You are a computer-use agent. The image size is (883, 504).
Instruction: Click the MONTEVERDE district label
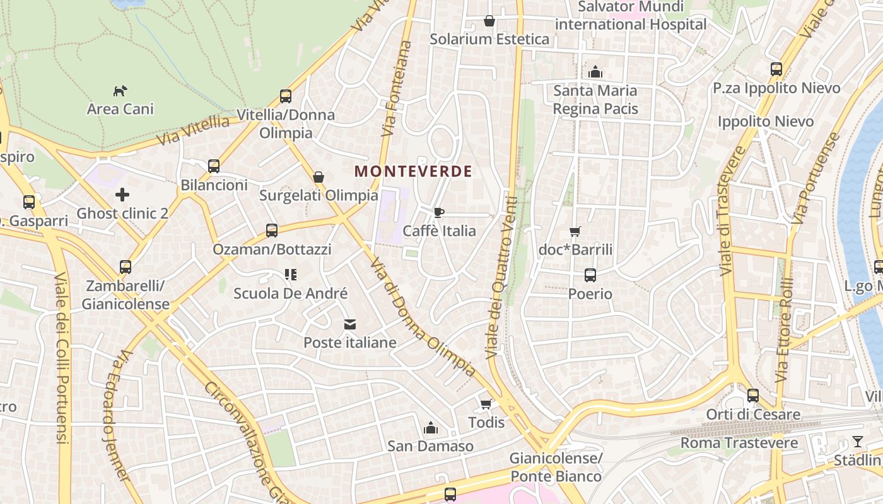[x=413, y=171]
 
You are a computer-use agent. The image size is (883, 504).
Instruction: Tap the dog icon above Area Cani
[x=120, y=91]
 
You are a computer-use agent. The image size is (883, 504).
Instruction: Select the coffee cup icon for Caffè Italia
[x=439, y=212]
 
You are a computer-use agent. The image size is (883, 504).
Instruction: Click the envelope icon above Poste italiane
[x=349, y=324]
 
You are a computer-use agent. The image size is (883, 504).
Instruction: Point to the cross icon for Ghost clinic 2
[x=122, y=195]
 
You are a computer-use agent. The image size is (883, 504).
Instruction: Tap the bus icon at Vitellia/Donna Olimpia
[x=286, y=96]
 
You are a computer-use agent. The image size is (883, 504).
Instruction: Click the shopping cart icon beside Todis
[x=486, y=404]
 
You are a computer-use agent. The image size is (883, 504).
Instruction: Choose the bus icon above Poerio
[x=590, y=275]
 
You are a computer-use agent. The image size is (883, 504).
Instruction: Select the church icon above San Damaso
[x=431, y=428]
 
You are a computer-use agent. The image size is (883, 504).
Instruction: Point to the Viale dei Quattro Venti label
[x=501, y=277]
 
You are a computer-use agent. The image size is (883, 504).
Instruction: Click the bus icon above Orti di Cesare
[x=752, y=396]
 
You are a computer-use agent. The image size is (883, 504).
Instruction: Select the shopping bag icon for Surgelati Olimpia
[x=319, y=177]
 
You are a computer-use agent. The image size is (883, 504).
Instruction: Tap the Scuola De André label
[x=290, y=293]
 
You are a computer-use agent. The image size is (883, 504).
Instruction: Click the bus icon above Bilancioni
[x=214, y=166]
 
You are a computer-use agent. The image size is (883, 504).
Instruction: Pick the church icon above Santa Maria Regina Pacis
[x=595, y=72]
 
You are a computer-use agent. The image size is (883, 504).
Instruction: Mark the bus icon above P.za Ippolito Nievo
[x=776, y=69]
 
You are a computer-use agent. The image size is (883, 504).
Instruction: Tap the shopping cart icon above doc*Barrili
[x=575, y=231]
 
